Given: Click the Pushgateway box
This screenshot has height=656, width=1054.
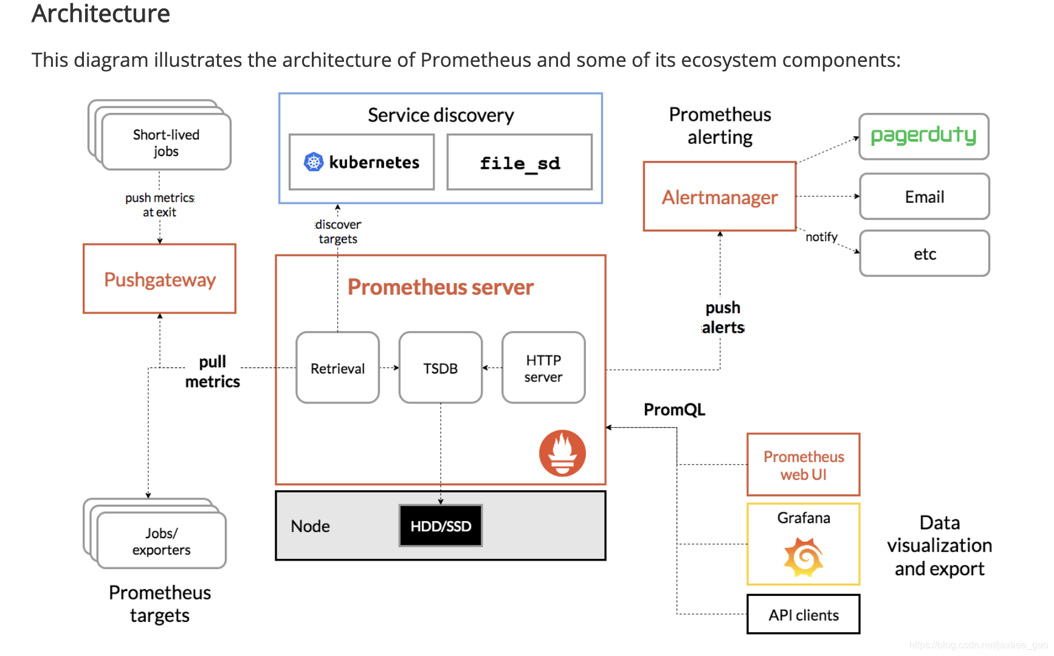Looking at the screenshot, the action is [x=159, y=279].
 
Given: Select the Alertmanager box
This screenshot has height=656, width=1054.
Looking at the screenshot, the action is [x=720, y=196].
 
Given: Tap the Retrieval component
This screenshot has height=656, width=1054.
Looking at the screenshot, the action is [x=337, y=367].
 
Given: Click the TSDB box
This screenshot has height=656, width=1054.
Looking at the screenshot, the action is [x=441, y=367].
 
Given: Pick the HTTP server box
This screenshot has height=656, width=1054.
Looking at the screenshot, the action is [x=543, y=367].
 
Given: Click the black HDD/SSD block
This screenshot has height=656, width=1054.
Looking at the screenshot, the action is [x=441, y=526].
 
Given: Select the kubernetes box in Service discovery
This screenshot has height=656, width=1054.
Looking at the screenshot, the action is [x=362, y=162].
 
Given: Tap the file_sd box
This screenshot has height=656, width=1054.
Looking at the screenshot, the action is [x=520, y=162].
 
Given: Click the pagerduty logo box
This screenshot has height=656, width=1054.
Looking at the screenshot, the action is [x=924, y=137].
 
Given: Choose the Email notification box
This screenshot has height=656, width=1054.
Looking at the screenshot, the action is [x=925, y=196].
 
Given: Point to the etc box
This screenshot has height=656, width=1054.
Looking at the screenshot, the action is [x=925, y=253].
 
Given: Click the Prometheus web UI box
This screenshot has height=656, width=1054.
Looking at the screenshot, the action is [x=804, y=465].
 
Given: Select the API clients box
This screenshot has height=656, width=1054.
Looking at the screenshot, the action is [x=804, y=614].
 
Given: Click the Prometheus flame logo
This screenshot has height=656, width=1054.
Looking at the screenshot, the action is [x=562, y=453].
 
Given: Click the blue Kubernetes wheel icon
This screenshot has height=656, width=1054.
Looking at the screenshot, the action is [x=314, y=162].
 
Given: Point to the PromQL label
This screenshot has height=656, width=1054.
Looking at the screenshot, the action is [x=675, y=409].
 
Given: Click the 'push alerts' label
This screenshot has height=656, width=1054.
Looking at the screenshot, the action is [x=723, y=318].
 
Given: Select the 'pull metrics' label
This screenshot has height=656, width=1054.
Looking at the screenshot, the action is [x=213, y=371].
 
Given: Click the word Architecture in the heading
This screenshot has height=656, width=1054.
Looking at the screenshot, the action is [x=101, y=13].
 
